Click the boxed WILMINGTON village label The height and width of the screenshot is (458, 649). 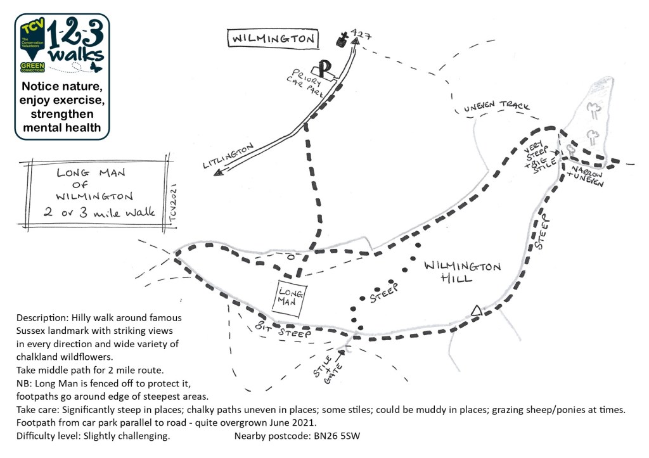[x=273, y=39]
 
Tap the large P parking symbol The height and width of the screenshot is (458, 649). [x=325, y=68]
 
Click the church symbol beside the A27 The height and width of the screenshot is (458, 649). [x=343, y=39]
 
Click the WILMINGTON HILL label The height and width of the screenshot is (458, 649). [x=462, y=272]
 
